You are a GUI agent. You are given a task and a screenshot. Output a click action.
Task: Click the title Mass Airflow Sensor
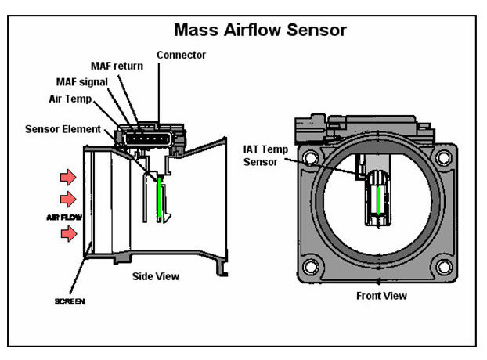(260, 31)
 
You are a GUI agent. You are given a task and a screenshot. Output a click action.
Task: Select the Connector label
(182, 55)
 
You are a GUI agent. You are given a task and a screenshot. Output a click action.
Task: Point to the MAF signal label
(85, 82)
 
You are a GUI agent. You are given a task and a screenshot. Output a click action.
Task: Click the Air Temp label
(70, 99)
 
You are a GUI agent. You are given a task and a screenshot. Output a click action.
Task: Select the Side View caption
(154, 276)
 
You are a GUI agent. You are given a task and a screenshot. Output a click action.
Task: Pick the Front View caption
(381, 296)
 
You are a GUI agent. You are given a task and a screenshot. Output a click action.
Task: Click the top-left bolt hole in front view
(311, 157)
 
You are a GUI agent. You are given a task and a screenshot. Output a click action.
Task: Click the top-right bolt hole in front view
(443, 157)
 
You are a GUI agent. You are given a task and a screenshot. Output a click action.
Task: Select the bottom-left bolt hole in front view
(311, 266)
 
